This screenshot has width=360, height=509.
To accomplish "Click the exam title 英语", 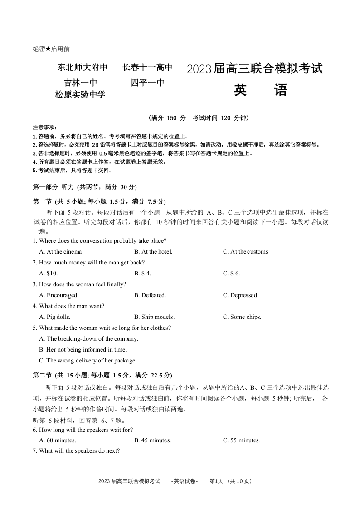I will (261, 91).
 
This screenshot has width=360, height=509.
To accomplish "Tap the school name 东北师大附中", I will (83, 68).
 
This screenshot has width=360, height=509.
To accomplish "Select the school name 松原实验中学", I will (80, 95).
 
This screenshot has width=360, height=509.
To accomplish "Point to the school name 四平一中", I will (147, 83).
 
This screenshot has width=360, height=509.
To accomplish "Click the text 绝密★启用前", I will (51, 49).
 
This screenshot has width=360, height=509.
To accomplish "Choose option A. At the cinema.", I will (61, 252).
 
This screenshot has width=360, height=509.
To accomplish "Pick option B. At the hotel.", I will (153, 252).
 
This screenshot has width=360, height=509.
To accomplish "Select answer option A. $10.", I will (49, 274).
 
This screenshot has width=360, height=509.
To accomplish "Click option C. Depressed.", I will (240, 295).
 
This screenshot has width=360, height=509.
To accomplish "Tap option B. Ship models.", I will (154, 317).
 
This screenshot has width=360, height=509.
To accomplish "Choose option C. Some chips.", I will (242, 317).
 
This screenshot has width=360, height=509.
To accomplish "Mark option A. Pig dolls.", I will (55, 317).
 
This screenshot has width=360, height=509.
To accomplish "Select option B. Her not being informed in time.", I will (83, 350).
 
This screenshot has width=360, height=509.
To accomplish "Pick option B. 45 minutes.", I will (152, 440).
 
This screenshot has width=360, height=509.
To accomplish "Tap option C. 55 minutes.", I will (241, 440).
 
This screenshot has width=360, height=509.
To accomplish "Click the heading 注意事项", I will (44, 127).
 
